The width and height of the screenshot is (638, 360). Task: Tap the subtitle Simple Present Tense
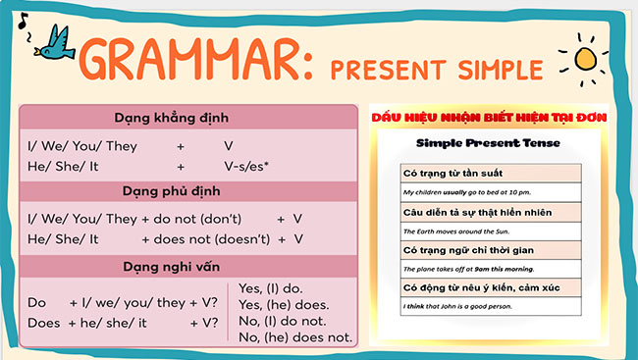pos(488,143)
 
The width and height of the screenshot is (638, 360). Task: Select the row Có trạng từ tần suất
pos(452,173)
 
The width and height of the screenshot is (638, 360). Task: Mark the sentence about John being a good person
pos(456,307)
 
